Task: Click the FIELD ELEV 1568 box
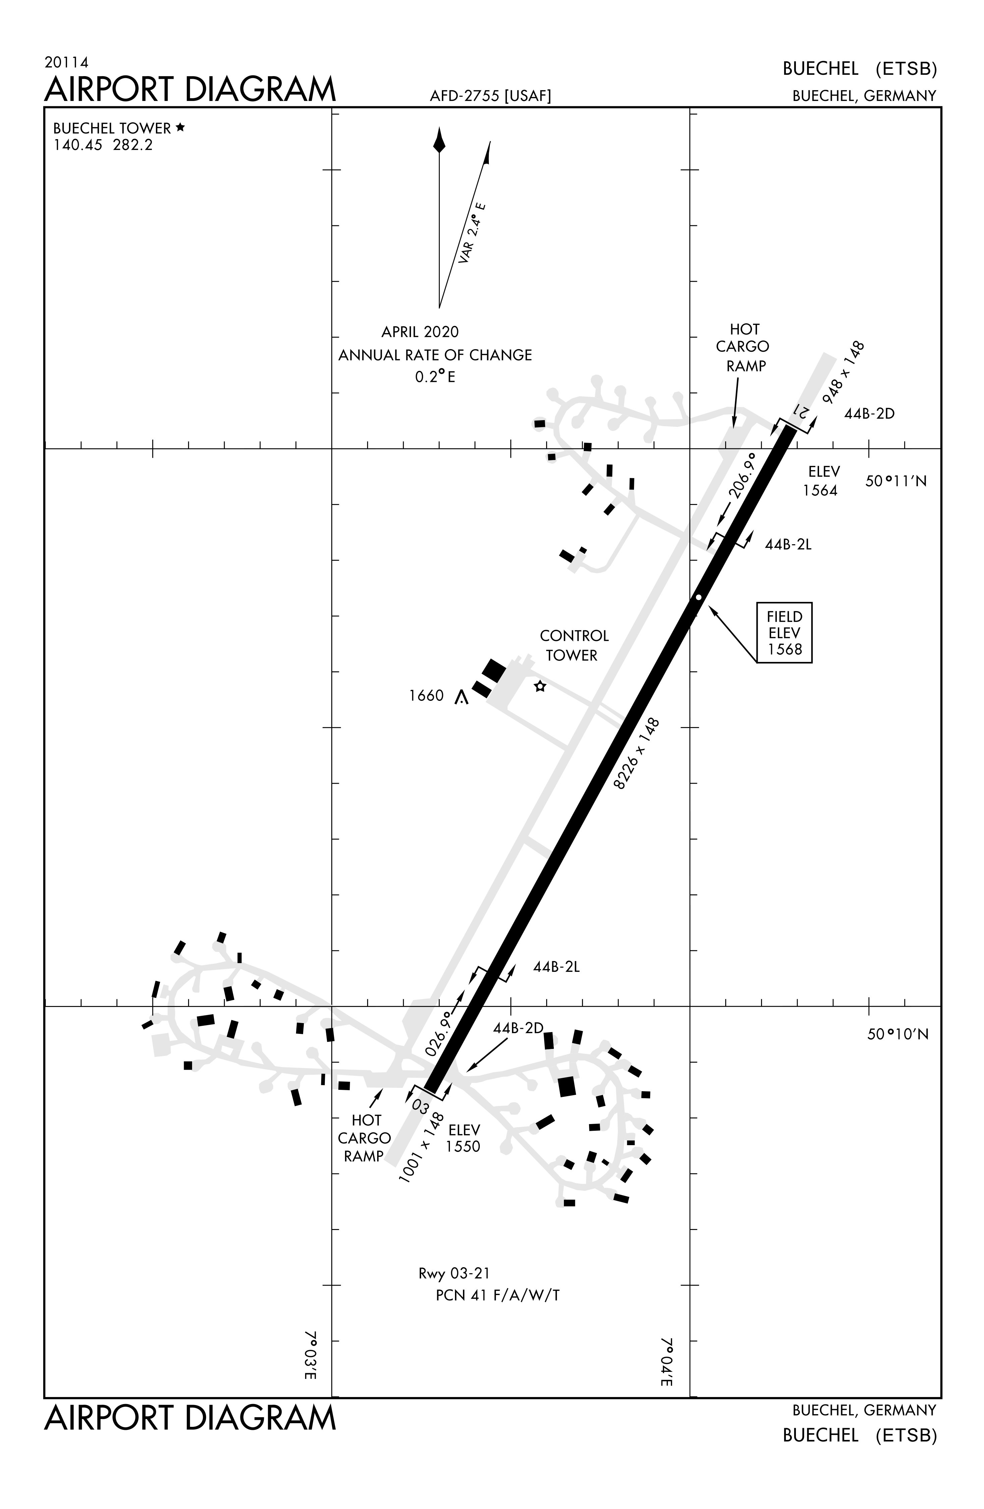point(784,633)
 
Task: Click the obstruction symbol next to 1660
point(462,697)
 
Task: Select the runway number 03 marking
point(420,1106)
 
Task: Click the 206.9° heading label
point(742,476)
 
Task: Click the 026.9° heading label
point(440,1033)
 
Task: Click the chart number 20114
point(66,62)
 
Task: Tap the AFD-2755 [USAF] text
point(490,96)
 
